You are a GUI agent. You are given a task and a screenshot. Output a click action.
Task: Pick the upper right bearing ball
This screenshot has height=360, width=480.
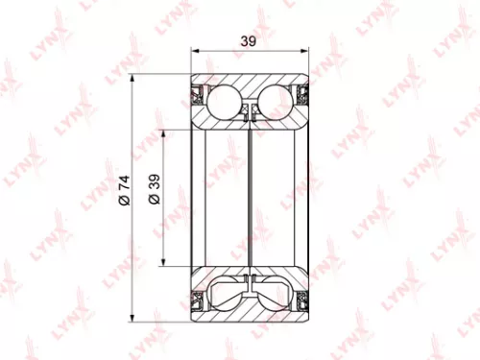[276, 100]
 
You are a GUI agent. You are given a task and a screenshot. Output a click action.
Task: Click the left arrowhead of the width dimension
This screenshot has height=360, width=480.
[196, 52]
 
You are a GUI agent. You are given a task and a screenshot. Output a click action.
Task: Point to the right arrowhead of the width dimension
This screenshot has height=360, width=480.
[307, 52]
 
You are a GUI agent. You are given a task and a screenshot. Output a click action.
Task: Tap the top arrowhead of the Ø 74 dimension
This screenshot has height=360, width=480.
[135, 75]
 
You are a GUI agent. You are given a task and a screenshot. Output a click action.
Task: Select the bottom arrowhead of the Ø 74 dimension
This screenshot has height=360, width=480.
[135, 323]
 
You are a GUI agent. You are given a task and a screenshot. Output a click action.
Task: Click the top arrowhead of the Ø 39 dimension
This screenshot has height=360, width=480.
[166, 133]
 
